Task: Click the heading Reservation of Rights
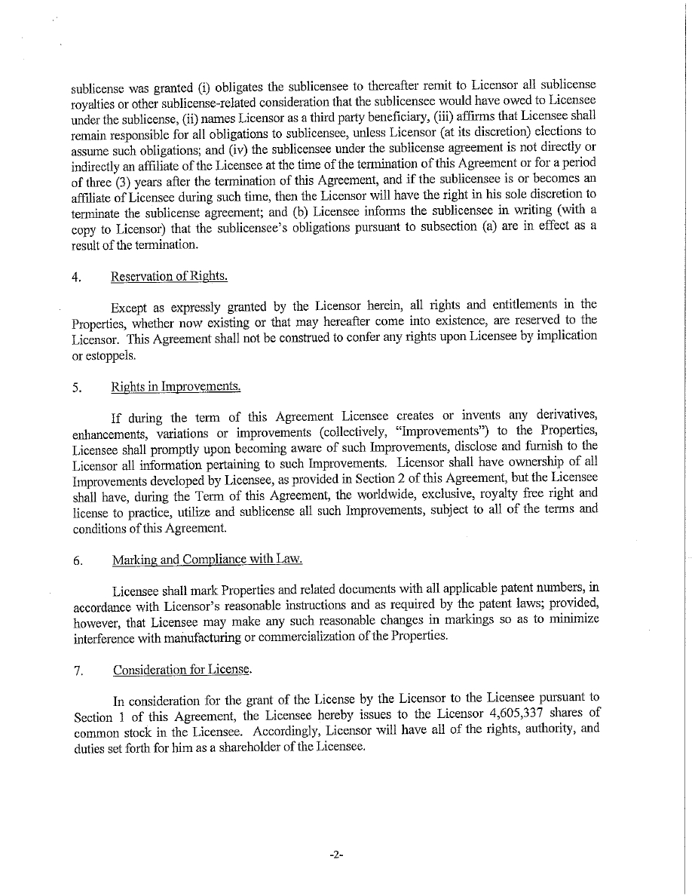tap(169, 276)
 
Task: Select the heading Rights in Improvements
tap(176, 387)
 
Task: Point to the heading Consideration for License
tap(182, 670)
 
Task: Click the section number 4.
tap(77, 277)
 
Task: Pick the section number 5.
tap(77, 388)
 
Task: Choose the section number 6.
tap(77, 560)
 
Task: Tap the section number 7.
tap(78, 671)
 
